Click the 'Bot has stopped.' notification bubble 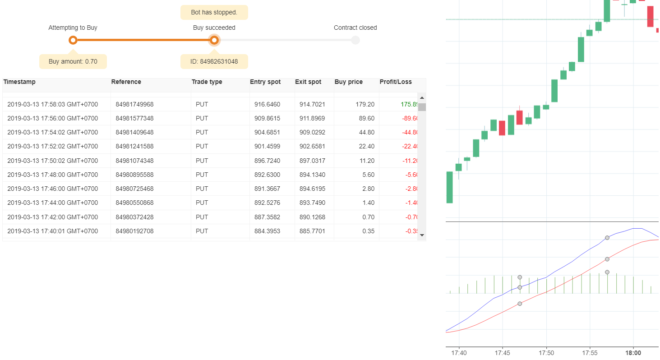point(214,12)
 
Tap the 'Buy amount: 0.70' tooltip point(73,61)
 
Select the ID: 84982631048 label point(214,61)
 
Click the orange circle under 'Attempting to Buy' point(73,40)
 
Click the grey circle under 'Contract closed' point(355,40)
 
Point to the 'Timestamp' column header point(19,82)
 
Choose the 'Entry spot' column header point(265,82)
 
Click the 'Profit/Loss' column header point(396,82)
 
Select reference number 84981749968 point(134,104)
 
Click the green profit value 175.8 point(409,104)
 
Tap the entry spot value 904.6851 point(267,133)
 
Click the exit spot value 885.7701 point(312,231)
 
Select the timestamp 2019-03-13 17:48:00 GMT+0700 point(52,175)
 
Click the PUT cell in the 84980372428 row point(202,217)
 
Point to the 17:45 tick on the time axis point(502,353)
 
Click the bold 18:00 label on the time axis point(633,353)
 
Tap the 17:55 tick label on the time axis point(590,353)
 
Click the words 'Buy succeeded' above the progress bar point(214,28)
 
